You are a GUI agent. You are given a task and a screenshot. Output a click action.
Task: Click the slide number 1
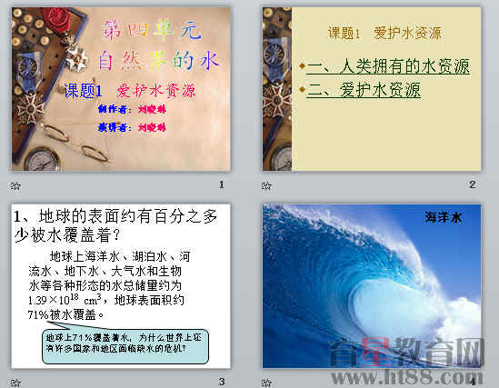pyautogui.click(x=221, y=185)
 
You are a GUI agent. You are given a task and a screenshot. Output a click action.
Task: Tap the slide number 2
pyautogui.click(x=473, y=185)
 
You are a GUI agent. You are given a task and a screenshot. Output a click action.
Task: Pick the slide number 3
pyautogui.click(x=221, y=382)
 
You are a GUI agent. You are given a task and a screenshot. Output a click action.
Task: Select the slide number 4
pyautogui.click(x=473, y=382)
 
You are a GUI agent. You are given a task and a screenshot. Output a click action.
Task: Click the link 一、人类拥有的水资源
pyautogui.click(x=388, y=66)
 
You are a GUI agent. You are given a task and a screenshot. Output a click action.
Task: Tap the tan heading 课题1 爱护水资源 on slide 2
pyautogui.click(x=384, y=34)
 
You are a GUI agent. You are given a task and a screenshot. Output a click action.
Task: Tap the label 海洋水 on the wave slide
pyautogui.click(x=444, y=217)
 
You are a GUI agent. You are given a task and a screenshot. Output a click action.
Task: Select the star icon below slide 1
pyautogui.click(x=14, y=185)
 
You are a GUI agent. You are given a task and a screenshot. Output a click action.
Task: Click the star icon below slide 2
pyautogui.click(x=267, y=185)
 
